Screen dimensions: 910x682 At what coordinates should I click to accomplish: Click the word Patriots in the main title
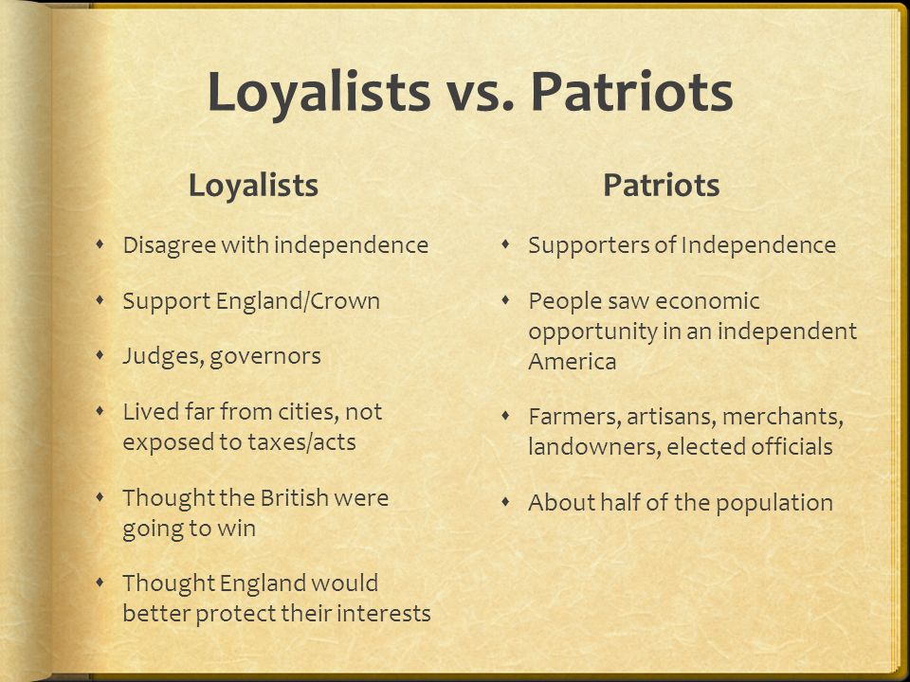click(x=632, y=91)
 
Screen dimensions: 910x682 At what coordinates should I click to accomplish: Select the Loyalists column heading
click(x=254, y=186)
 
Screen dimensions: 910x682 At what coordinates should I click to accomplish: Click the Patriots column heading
click(x=662, y=186)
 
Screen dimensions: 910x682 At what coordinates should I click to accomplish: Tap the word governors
click(x=265, y=357)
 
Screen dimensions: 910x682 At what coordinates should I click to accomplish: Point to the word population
click(x=774, y=503)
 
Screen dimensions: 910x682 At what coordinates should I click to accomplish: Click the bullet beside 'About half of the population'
click(x=506, y=501)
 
